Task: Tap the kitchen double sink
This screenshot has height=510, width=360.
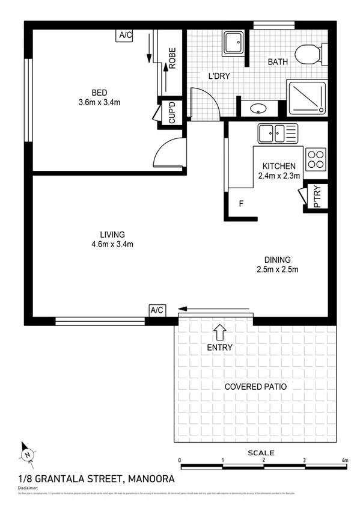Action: [x=277, y=133]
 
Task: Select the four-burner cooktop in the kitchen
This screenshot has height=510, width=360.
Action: [x=315, y=159]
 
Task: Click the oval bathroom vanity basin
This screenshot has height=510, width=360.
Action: [x=259, y=109]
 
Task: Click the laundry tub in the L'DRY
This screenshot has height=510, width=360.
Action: [x=233, y=44]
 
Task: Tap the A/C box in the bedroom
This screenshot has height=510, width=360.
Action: [x=125, y=35]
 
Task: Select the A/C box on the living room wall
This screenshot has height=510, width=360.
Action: [x=157, y=310]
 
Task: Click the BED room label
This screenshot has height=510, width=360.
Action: [x=99, y=92]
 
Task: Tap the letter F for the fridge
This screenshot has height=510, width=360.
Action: [x=241, y=204]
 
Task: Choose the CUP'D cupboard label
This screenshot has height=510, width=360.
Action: [x=171, y=113]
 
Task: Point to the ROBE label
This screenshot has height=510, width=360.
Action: [x=171, y=58]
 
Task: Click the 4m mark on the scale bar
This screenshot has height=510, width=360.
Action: [x=345, y=460]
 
